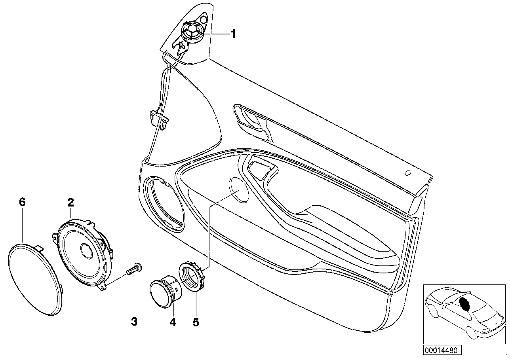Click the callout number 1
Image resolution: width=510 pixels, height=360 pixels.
coord(233,34)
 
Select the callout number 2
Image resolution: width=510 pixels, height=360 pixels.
coord(70,203)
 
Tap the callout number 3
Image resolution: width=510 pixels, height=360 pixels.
coord(134,322)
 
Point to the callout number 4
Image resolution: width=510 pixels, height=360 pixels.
coord(173,322)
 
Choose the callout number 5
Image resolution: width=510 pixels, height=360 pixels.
coord(196,322)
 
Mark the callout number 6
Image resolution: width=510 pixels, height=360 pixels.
coord(22,203)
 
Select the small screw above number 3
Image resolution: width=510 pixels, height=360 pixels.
coord(133,269)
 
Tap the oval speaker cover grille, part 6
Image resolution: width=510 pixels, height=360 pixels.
coord(36,279)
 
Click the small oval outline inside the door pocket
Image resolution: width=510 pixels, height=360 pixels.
coord(239,190)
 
